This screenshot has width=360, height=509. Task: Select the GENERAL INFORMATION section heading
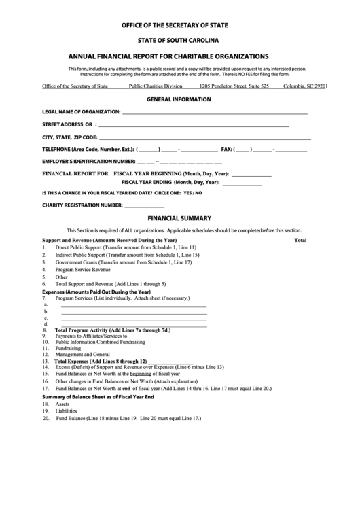(175, 99)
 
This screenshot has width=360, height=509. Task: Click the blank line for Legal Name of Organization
(215, 113)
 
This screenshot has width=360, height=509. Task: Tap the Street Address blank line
(194, 126)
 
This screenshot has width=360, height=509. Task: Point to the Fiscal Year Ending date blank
(242, 184)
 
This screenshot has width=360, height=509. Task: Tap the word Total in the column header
(300, 241)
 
